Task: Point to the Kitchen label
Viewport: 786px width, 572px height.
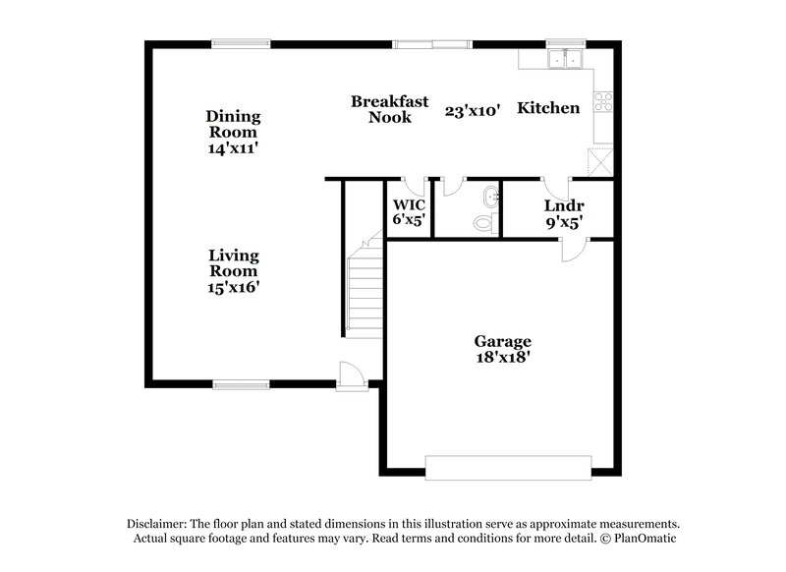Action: click(548, 108)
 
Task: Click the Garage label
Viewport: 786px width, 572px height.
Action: click(502, 341)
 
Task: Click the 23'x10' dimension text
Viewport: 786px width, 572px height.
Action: click(473, 111)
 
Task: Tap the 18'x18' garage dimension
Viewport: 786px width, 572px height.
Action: click(502, 359)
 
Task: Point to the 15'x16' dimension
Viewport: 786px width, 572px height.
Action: click(233, 287)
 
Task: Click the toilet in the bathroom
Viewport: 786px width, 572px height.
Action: click(484, 223)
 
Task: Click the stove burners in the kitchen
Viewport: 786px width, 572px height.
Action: click(603, 101)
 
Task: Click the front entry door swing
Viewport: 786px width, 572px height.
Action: click(351, 374)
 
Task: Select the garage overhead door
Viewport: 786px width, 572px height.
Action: click(507, 467)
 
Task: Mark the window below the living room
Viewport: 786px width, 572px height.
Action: click(242, 384)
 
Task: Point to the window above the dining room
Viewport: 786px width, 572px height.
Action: click(242, 42)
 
